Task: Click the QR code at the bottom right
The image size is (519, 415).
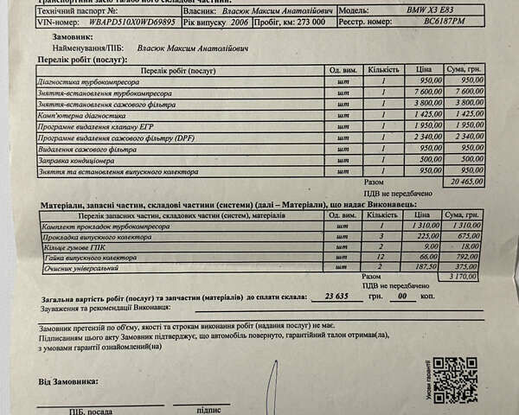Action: click(x=455, y=380)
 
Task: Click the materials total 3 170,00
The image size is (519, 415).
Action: click(x=463, y=278)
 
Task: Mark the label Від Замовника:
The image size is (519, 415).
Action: click(x=67, y=380)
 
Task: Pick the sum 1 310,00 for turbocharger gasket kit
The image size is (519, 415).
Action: click(x=463, y=224)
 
